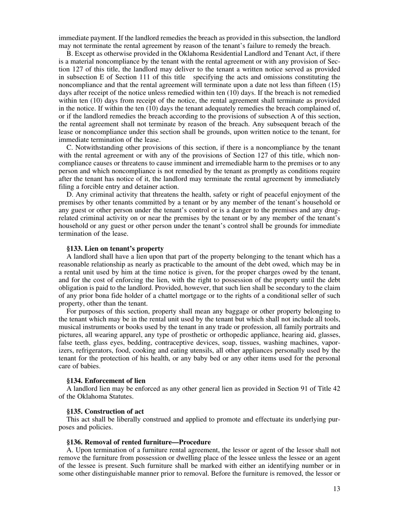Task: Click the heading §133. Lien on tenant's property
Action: click(x=115, y=249)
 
